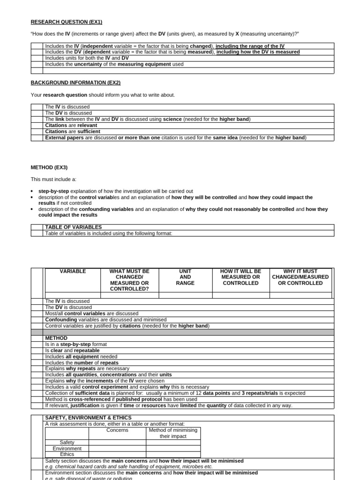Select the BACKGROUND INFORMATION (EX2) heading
click(x=75, y=82)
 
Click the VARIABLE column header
click(x=73, y=271)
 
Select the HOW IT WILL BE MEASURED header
click(x=240, y=277)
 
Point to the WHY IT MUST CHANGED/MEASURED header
click(x=300, y=277)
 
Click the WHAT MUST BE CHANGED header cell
click(x=129, y=280)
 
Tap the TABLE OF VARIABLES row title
click(x=73, y=227)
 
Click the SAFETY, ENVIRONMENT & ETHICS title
click(x=88, y=418)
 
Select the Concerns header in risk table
click(x=117, y=430)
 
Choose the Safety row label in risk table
click(x=67, y=442)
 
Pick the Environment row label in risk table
click(x=67, y=449)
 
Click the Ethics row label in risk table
click(x=67, y=455)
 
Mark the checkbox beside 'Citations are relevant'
click(x=37, y=126)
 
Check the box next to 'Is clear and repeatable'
click(x=37, y=351)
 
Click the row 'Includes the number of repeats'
click(x=82, y=363)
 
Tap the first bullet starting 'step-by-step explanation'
click(x=115, y=191)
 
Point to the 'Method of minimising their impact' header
click(x=173, y=433)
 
